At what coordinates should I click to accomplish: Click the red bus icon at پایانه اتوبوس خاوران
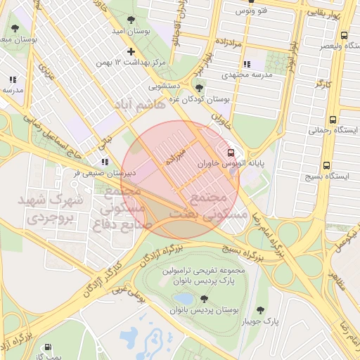[x=231, y=153]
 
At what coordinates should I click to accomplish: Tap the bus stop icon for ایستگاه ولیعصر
[x=344, y=34]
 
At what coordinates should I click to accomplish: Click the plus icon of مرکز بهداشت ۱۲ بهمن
[x=131, y=51]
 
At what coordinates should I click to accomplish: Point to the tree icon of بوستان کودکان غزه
[x=200, y=88]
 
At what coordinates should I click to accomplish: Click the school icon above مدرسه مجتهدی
[x=246, y=64]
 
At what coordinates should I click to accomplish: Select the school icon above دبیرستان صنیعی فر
[x=105, y=162]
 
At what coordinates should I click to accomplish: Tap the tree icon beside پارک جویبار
[x=262, y=310]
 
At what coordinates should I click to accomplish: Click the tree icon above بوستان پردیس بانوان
[x=204, y=299]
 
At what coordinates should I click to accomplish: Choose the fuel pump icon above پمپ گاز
[x=48, y=347]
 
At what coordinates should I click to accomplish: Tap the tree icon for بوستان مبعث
[x=15, y=28]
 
